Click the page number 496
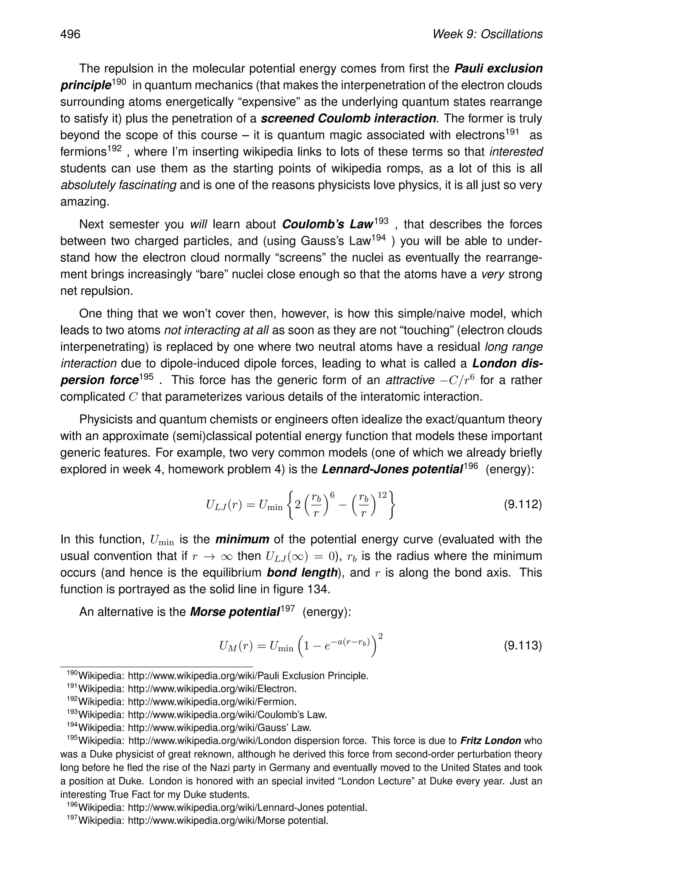70,34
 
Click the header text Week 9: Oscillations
487,34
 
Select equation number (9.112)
522,505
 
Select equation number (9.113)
522,645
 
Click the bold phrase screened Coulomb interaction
349,119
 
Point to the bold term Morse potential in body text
235,611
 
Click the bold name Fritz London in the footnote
490,741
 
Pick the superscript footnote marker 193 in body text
381,221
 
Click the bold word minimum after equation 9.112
242,539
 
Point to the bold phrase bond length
302,573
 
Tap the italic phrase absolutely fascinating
118,185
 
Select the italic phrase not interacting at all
216,330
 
